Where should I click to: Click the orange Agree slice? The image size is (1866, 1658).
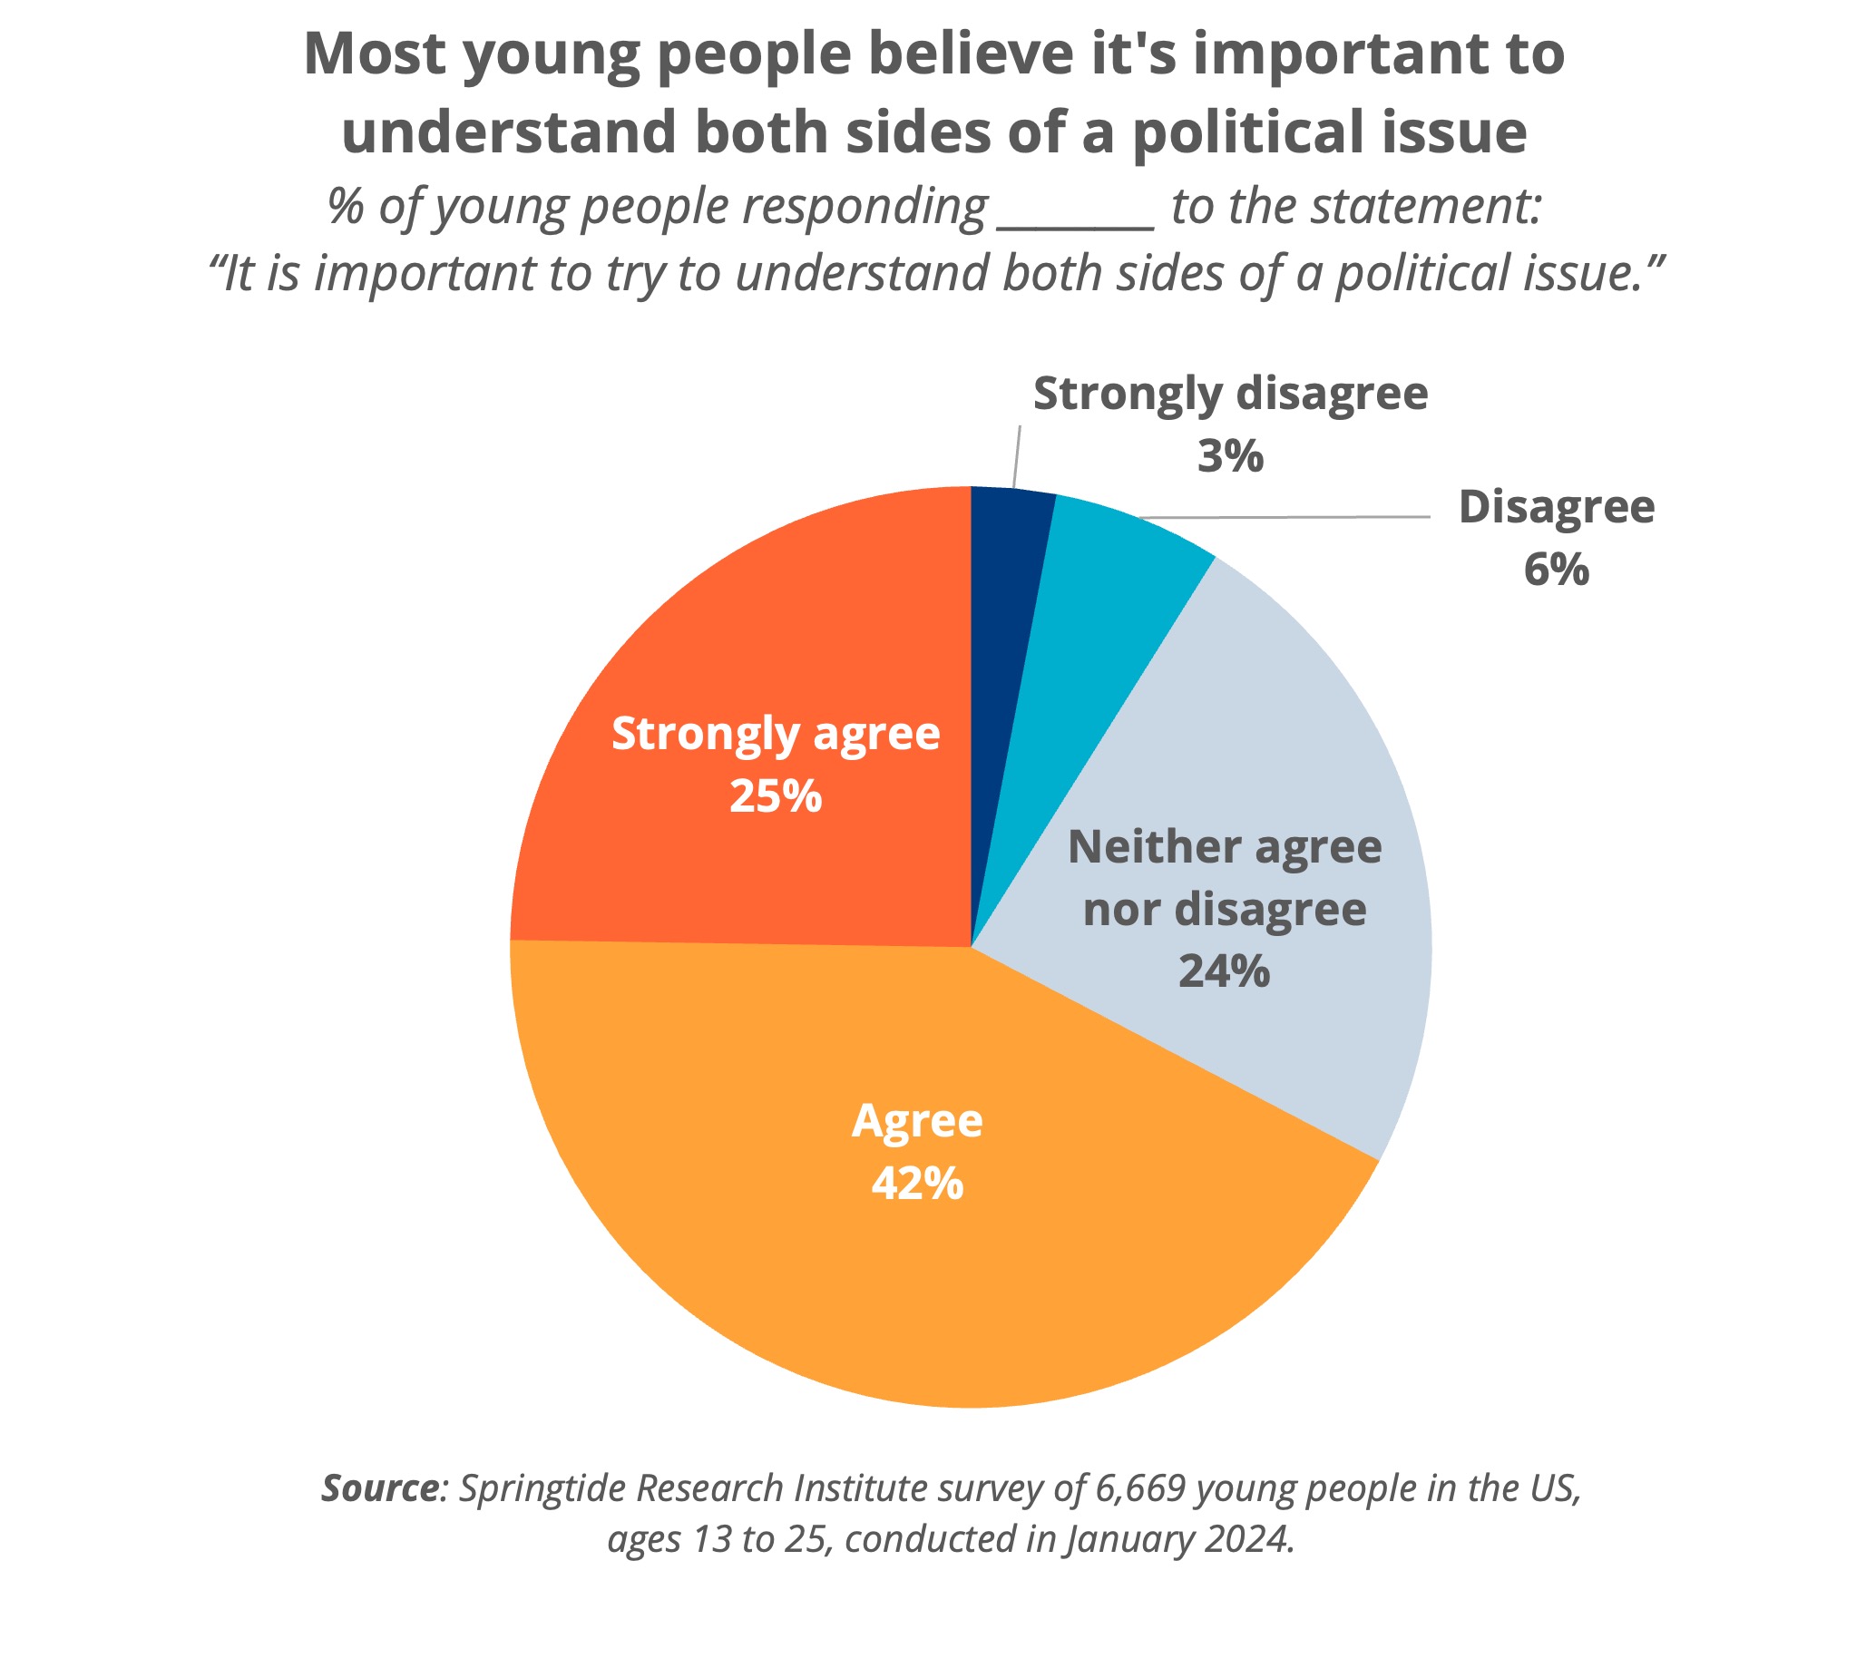913,1233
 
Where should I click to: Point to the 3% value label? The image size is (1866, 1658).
1230,455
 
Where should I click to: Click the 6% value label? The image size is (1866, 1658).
1556,570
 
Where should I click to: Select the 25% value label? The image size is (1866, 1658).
775,796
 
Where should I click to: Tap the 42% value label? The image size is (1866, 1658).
916,1184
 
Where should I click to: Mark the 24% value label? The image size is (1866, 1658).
1224,971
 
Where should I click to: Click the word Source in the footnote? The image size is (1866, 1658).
380,1488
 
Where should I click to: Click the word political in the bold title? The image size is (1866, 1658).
1248,132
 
